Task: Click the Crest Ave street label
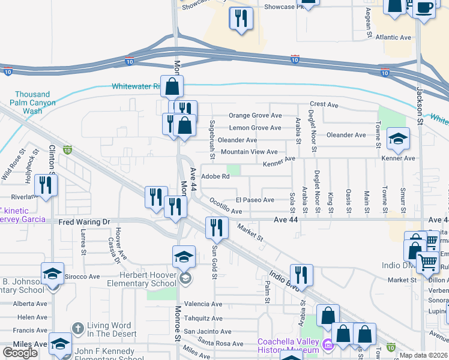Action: (x=324, y=104)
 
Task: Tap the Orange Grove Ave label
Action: (x=255, y=116)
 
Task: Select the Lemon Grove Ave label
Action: (x=255, y=128)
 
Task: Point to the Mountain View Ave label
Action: (x=249, y=152)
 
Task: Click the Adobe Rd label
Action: (x=215, y=176)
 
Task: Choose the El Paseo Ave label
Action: (x=255, y=200)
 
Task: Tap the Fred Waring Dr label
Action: (x=85, y=222)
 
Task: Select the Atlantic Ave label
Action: (x=393, y=37)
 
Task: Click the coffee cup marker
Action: (x=424, y=8)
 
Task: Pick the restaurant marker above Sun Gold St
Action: (x=217, y=227)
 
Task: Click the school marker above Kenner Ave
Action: (x=398, y=139)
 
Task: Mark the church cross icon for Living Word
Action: (x=76, y=328)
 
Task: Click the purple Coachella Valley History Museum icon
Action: (x=327, y=345)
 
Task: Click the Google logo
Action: (x=20, y=353)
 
